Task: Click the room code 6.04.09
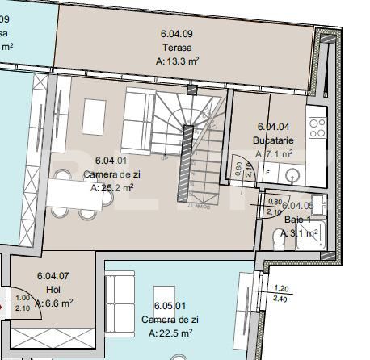point(176,34)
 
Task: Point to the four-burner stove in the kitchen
point(317,128)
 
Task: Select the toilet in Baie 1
point(279,241)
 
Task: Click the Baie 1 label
point(296,219)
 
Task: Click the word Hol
point(52,290)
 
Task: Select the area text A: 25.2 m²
point(111,187)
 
